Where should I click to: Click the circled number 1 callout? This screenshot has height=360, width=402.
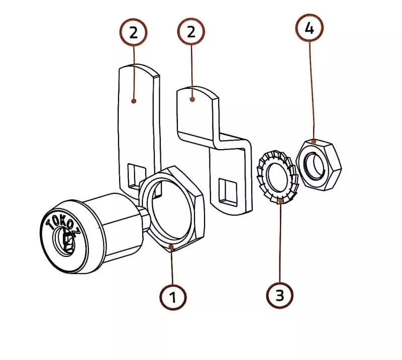(173, 297)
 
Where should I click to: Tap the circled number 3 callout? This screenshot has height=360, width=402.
(279, 295)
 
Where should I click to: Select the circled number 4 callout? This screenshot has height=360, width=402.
(310, 28)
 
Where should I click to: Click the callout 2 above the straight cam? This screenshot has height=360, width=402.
(133, 32)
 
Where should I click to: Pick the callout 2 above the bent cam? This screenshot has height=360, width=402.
(191, 32)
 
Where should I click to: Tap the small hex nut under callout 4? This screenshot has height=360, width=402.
(319, 165)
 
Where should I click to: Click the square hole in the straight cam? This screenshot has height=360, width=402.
(135, 176)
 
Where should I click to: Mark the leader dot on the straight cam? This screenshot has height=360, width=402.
(133, 101)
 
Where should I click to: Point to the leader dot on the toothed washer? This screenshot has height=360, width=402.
(281, 201)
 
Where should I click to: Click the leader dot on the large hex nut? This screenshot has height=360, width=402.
(171, 247)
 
